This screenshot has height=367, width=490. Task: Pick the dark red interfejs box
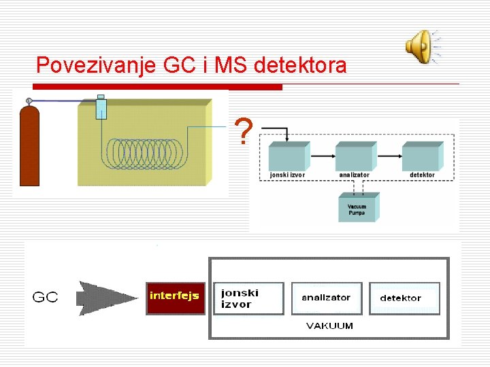pos(175,297)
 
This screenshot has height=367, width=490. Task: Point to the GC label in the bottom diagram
pos(46,298)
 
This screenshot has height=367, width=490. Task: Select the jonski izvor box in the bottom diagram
pos(248,298)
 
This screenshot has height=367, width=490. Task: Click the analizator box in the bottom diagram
pos(326,298)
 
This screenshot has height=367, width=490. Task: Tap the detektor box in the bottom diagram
pos(404,298)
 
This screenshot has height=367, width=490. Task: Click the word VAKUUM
pos(329,326)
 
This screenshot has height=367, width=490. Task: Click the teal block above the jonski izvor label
pos(289,156)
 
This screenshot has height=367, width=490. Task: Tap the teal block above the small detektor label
pos(423,156)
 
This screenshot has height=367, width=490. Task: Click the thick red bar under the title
pos(157,87)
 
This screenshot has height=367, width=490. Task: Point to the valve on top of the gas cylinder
pos(29,101)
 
